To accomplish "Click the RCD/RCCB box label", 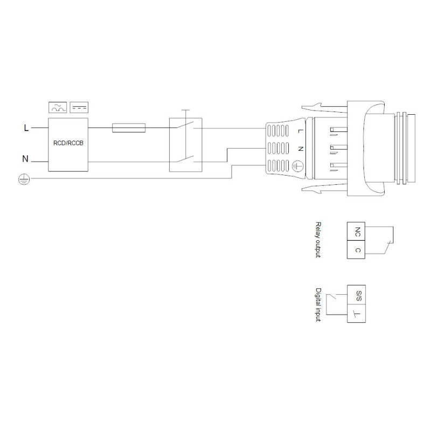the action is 68,143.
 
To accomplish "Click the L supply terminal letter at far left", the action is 26,128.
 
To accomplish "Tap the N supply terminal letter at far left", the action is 25,158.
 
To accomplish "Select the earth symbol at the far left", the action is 24,179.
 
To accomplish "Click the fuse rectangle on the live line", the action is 129,128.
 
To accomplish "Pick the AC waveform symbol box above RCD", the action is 58,107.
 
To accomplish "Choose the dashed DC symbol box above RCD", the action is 79,107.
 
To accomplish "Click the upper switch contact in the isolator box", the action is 185,125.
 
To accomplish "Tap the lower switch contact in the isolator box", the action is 185,158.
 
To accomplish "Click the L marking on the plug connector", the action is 301,131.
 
